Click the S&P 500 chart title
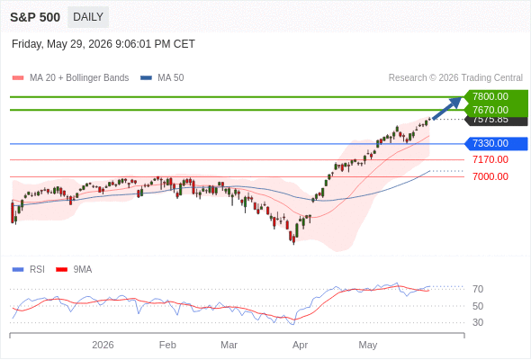[35, 17]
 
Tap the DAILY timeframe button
[88, 17]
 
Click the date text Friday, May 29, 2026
[62, 44]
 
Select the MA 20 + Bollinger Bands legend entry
[70, 78]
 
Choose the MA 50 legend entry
[162, 78]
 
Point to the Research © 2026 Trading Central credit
[455, 78]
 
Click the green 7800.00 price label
[496, 96]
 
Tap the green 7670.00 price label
[496, 110]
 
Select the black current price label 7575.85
[497, 121]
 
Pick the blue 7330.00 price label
[496, 144]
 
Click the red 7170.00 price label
[490, 159]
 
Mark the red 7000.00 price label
[490, 176]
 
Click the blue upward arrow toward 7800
[447, 108]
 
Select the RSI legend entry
[29, 270]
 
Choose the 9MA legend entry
[74, 270]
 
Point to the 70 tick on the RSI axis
[478, 289]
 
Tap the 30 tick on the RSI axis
[478, 322]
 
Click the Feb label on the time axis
[167, 345]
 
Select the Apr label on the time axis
[300, 345]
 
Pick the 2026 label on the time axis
[103, 345]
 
